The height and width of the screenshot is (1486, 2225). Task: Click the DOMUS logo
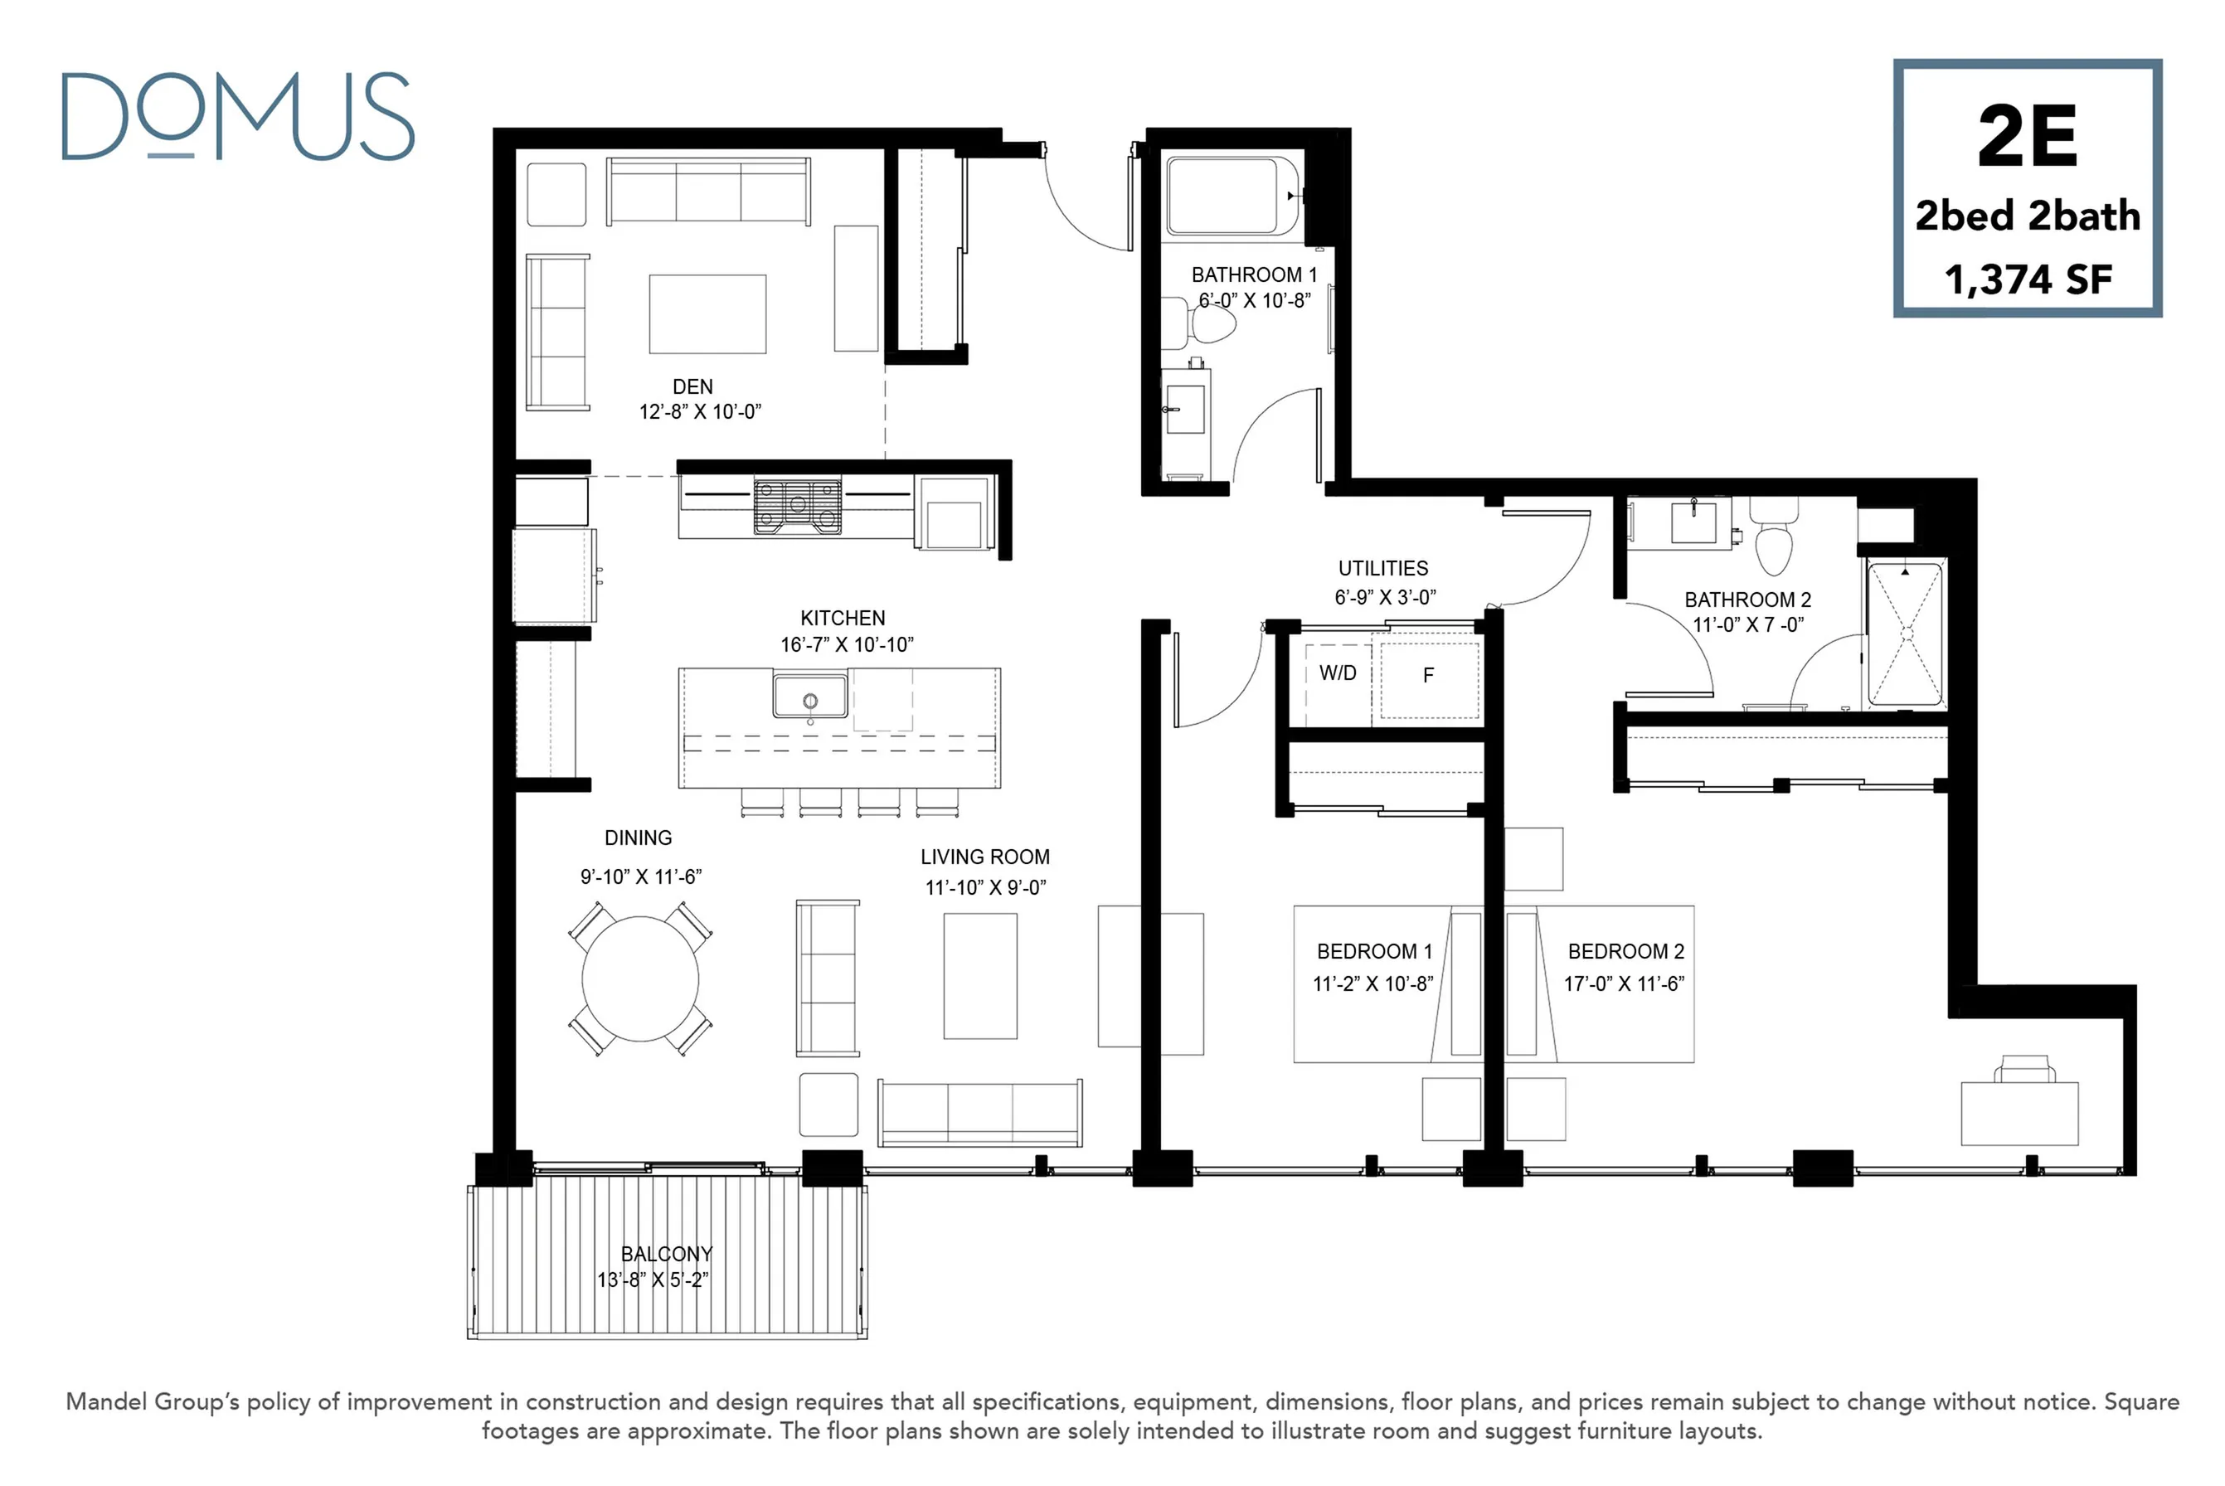coord(238,115)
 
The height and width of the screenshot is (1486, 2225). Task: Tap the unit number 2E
coord(2027,138)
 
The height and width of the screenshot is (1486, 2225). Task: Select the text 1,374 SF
coord(2028,279)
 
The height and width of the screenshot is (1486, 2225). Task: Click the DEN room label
coord(692,386)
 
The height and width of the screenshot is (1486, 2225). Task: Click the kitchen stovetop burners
coord(798,505)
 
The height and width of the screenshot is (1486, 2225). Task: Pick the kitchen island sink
coord(810,696)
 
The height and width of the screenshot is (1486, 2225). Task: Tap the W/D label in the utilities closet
coord(1338,673)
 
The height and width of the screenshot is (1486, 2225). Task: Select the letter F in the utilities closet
coord(1428,675)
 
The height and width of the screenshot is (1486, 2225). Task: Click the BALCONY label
coord(666,1254)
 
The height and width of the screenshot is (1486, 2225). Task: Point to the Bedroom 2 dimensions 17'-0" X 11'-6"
coord(1625,983)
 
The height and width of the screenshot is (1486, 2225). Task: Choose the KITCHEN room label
coord(843,618)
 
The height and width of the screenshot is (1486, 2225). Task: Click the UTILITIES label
coord(1382,569)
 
